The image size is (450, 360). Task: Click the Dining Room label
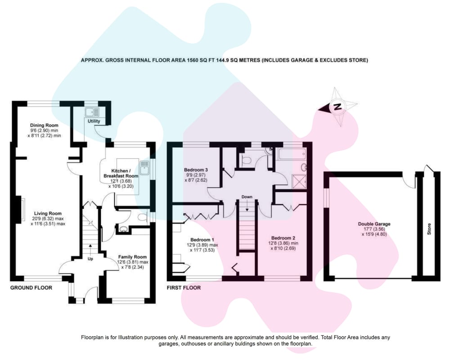click(44, 125)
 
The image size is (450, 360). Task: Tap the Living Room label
click(48, 213)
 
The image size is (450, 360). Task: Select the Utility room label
click(94, 121)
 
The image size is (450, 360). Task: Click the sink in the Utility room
click(92, 112)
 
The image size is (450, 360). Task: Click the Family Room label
click(132, 257)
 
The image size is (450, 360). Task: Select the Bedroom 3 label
click(196, 170)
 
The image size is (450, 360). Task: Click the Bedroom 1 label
click(202, 240)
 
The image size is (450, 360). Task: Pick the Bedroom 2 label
click(283, 238)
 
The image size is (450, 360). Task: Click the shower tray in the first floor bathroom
click(299, 181)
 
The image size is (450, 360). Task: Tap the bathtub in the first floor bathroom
click(291, 154)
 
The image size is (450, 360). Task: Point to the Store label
click(429, 229)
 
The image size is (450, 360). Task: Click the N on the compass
click(338, 107)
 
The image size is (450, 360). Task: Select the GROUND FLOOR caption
click(31, 288)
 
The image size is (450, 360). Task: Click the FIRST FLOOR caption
click(184, 288)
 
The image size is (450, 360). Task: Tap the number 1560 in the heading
click(193, 60)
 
